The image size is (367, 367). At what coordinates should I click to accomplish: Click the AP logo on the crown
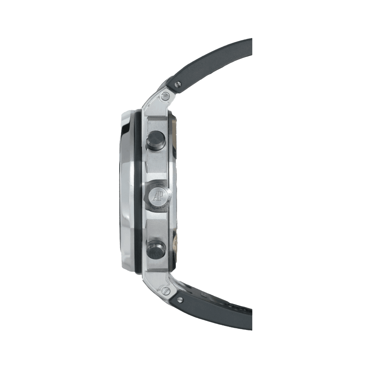tap(158, 195)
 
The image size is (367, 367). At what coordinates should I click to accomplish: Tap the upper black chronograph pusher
tap(156, 140)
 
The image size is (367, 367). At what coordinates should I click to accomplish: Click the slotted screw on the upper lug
tap(165, 96)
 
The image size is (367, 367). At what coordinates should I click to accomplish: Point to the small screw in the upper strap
tap(178, 84)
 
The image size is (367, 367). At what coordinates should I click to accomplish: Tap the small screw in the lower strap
tap(180, 299)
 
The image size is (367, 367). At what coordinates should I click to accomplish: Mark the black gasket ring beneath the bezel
tap(138, 191)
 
